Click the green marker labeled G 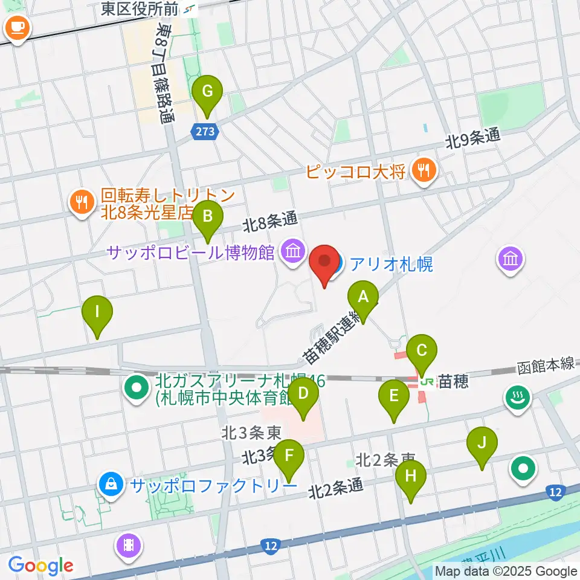[x=207, y=92]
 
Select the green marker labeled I [x=98, y=312]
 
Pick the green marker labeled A [x=363, y=297]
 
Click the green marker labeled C [x=422, y=350]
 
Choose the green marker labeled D [x=303, y=395]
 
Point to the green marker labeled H [x=411, y=476]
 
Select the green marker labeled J [x=482, y=443]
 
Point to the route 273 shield [x=205, y=132]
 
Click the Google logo [x=40, y=565]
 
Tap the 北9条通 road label [x=473, y=138]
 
